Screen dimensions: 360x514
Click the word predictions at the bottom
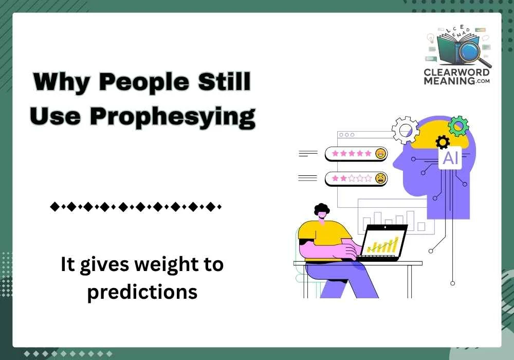click(142, 292)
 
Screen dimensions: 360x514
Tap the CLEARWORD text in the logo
click(456, 73)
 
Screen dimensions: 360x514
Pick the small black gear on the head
click(442, 142)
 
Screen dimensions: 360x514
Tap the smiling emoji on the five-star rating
click(380, 153)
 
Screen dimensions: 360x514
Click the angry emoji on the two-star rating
click(380, 178)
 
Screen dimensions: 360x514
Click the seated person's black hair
click(322, 209)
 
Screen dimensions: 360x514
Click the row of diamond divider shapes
click(135, 207)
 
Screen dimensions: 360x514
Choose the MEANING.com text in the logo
click(456, 81)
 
